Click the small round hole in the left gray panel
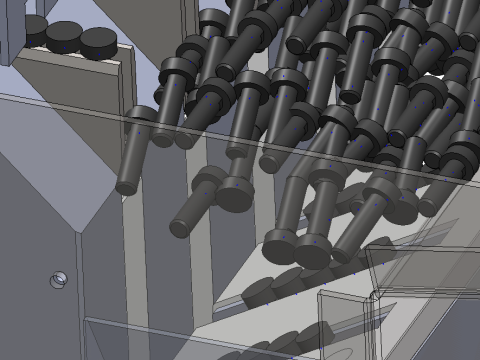(x=59, y=279)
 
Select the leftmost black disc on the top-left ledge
(x=34, y=34)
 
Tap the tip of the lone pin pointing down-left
(x=181, y=228)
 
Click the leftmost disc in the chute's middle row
(x=258, y=291)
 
